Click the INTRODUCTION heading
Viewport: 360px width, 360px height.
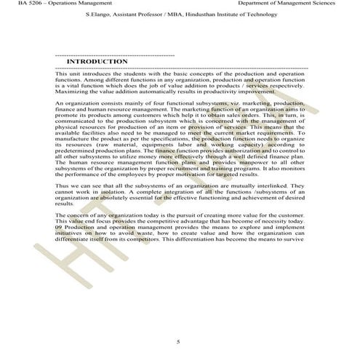97,63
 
